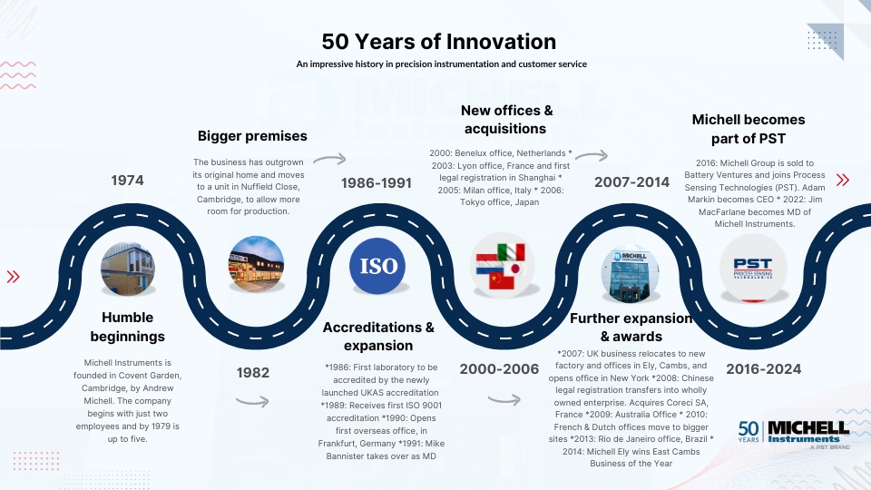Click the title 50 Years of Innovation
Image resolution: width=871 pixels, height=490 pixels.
(x=438, y=42)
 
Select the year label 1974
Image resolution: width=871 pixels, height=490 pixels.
(x=127, y=180)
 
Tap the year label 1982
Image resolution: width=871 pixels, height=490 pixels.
(x=253, y=372)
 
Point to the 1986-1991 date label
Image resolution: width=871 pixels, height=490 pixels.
(x=376, y=182)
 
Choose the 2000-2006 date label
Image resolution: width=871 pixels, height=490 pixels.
(x=499, y=369)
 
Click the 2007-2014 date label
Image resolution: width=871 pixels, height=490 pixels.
(x=631, y=181)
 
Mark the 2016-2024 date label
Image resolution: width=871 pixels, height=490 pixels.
(x=763, y=369)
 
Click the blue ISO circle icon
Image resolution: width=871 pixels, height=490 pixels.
(x=377, y=266)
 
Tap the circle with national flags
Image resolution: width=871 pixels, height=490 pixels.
(x=502, y=266)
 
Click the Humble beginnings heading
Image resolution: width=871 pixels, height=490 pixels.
(x=127, y=327)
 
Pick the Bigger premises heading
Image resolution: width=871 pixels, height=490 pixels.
(x=252, y=136)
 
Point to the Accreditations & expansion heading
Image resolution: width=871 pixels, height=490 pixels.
(x=378, y=336)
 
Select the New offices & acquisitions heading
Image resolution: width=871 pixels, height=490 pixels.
(x=506, y=120)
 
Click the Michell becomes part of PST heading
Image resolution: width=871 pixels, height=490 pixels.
(x=749, y=129)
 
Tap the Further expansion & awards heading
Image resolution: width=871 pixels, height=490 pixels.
(x=631, y=328)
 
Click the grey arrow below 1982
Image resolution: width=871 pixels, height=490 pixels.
(x=252, y=401)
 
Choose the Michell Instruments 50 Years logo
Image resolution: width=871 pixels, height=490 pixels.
(x=794, y=435)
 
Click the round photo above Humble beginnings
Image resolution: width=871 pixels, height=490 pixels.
(x=128, y=269)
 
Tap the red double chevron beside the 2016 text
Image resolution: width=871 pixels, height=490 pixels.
(x=843, y=180)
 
